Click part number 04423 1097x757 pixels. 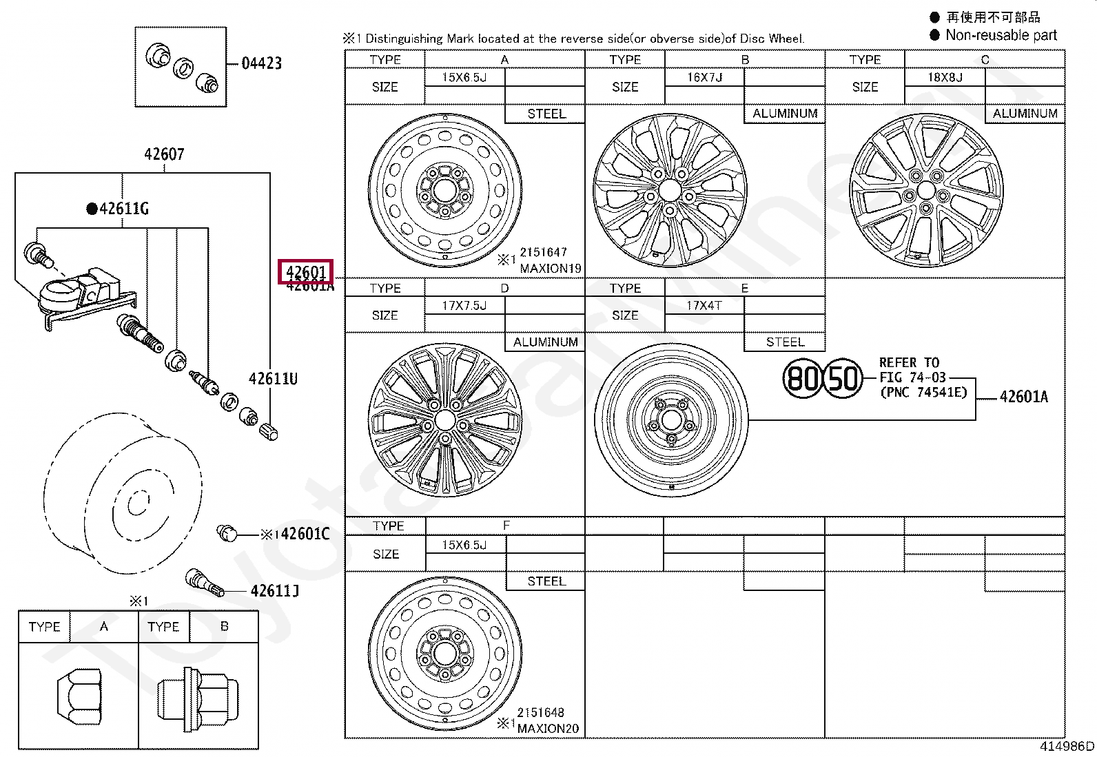261,63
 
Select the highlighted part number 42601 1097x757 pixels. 305,272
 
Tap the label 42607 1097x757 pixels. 164,154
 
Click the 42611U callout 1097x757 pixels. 273,379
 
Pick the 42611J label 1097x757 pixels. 274,591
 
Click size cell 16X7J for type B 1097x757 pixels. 704,77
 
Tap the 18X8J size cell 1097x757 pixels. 945,77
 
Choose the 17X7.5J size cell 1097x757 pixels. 464,305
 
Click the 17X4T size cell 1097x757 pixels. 704,305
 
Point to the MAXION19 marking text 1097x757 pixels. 550,269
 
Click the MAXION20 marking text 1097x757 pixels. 548,729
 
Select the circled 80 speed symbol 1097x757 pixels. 803,378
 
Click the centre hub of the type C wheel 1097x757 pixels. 926,191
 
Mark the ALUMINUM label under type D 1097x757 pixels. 545,342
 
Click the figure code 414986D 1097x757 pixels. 1066,746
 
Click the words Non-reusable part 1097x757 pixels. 1001,35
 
